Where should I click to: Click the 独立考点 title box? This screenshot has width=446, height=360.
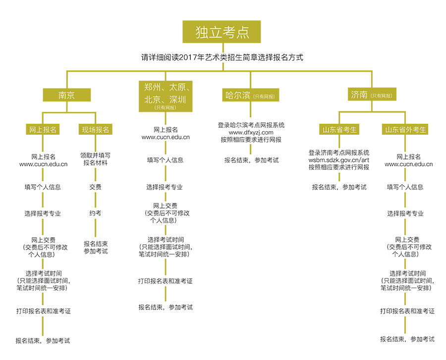pos(222,32)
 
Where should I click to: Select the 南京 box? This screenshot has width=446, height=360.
pos(66,95)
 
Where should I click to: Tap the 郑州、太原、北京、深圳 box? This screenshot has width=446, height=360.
pos(165,96)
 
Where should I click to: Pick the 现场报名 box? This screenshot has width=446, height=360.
pos(96,130)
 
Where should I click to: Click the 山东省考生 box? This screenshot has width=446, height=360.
pos(340,130)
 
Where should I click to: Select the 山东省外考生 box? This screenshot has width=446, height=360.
pos(406,130)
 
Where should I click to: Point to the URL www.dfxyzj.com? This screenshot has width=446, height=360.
pos(251,133)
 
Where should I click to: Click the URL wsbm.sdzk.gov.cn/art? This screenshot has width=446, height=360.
pos(338,160)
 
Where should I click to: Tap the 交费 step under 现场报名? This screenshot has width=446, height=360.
pos(96,187)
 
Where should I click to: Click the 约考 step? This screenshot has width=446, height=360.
pos(96,213)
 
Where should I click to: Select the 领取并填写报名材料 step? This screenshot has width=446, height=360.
pos(96,159)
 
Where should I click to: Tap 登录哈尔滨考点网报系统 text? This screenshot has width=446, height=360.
pos(251,125)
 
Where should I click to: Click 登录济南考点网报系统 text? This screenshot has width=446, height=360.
pos(339,153)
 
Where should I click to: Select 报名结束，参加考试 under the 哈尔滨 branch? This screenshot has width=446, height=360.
pos(251,160)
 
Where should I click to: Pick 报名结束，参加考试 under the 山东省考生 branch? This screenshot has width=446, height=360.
pos(339,187)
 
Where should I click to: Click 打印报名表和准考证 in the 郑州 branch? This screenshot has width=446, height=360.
pos(165,281)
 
